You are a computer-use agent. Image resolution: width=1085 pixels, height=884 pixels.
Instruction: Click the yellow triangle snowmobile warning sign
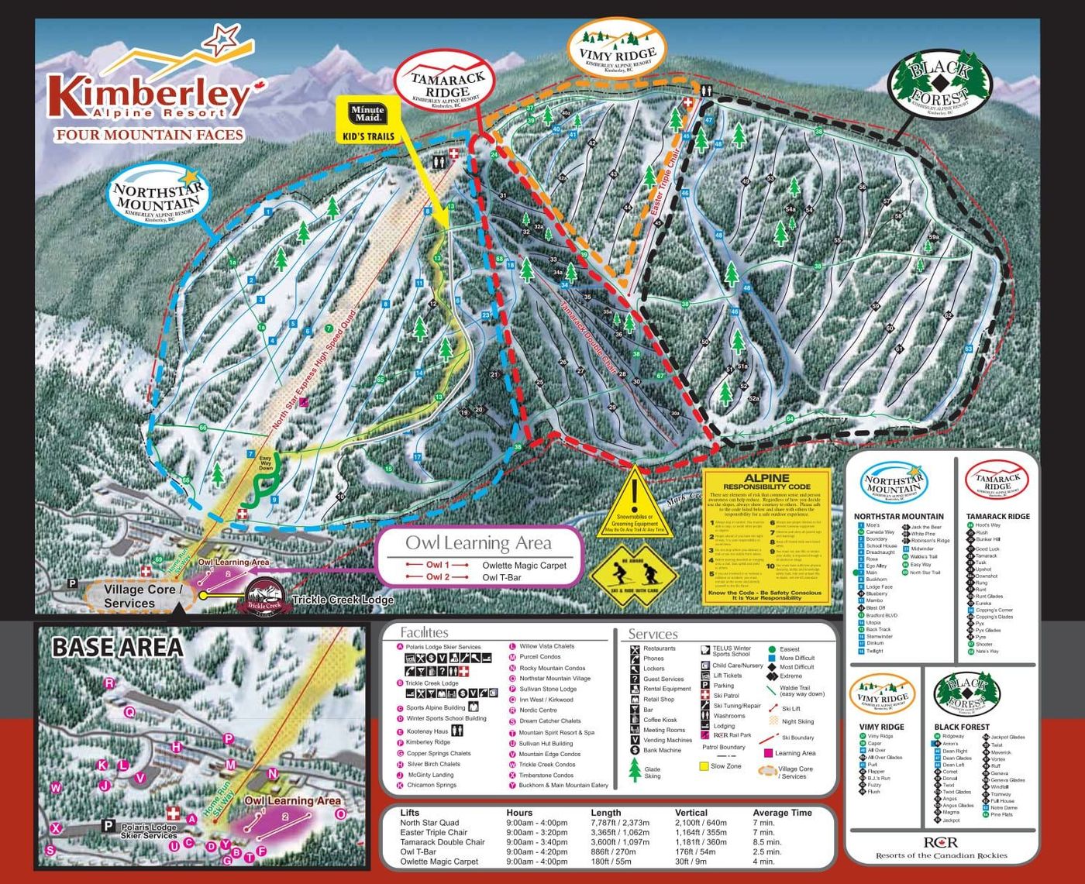pyautogui.click(x=633, y=502)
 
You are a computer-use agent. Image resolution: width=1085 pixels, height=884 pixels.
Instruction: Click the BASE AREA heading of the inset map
pyautogui.click(x=117, y=647)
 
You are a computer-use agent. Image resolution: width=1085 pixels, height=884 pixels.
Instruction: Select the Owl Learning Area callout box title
pyautogui.click(x=478, y=542)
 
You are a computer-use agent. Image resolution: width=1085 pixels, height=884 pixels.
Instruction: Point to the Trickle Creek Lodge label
pyautogui.click(x=343, y=600)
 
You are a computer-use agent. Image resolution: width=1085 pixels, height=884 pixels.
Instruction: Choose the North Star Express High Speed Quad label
pyautogui.click(x=314, y=371)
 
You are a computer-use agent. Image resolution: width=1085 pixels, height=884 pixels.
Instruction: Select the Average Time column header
pyautogui.click(x=781, y=813)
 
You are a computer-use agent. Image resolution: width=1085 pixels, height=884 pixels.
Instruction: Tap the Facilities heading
pyautogui.click(x=424, y=632)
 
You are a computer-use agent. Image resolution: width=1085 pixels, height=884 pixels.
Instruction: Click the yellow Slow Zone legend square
pyautogui.click(x=704, y=766)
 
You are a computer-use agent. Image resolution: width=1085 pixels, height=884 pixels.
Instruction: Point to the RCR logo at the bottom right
pyautogui.click(x=941, y=842)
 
